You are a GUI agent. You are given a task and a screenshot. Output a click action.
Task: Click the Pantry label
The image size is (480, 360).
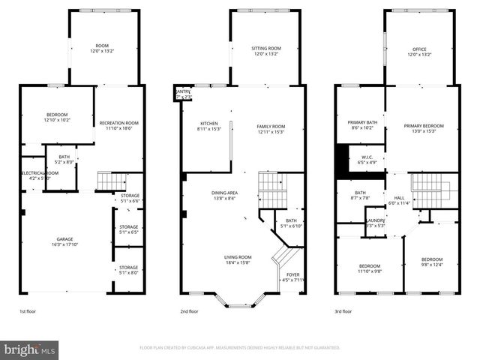pyautogui.click(x=183, y=94)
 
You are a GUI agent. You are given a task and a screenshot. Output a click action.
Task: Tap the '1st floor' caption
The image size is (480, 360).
pyautogui.click(x=28, y=311)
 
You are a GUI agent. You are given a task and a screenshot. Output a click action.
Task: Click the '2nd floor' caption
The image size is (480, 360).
pyautogui.click(x=189, y=311)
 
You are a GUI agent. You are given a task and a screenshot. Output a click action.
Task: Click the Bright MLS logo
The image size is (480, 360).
pyautogui.click(x=30, y=349)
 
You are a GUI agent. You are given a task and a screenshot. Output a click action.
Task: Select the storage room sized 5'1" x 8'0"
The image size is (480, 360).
pyautogui.click(x=129, y=270)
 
